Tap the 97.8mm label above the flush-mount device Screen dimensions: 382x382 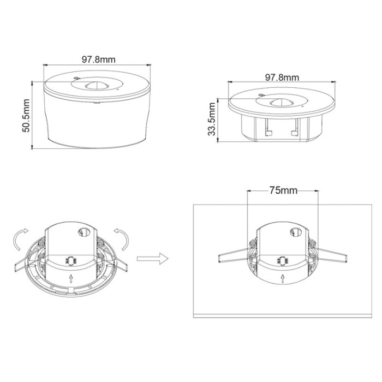point(282,77)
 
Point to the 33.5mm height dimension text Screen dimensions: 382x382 point(213,121)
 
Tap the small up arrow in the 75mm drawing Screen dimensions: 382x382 point(282,278)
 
